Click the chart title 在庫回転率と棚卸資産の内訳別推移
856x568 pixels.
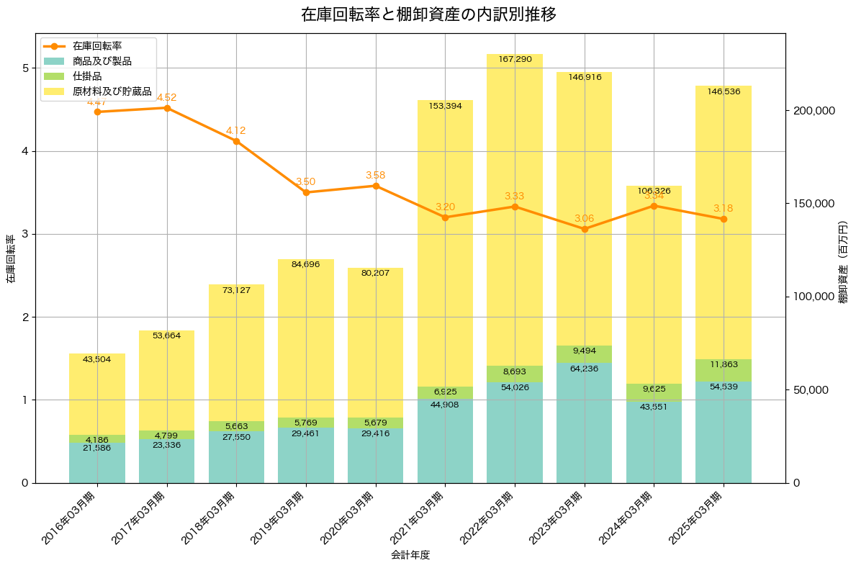pyautogui.click(x=428, y=14)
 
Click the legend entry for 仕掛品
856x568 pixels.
pyautogui.click(x=87, y=76)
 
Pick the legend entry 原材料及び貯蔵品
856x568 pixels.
pyautogui.click(x=112, y=91)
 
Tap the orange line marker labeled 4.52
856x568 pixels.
pyautogui.click(x=167, y=108)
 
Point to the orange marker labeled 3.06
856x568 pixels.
pyautogui.click(x=585, y=229)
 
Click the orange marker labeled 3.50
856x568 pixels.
pyautogui.click(x=306, y=192)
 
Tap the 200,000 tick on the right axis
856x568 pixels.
pyautogui.click(x=814, y=110)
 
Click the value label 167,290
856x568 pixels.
pyautogui.click(x=515, y=59)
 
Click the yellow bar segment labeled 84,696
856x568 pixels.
pyautogui.click(x=306, y=338)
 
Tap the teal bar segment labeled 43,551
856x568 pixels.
pyautogui.click(x=654, y=446)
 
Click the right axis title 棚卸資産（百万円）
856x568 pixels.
pyautogui.click(x=844, y=262)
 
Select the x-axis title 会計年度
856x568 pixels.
pyautogui.click(x=410, y=555)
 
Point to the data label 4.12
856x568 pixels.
pyautogui.click(x=236, y=131)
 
